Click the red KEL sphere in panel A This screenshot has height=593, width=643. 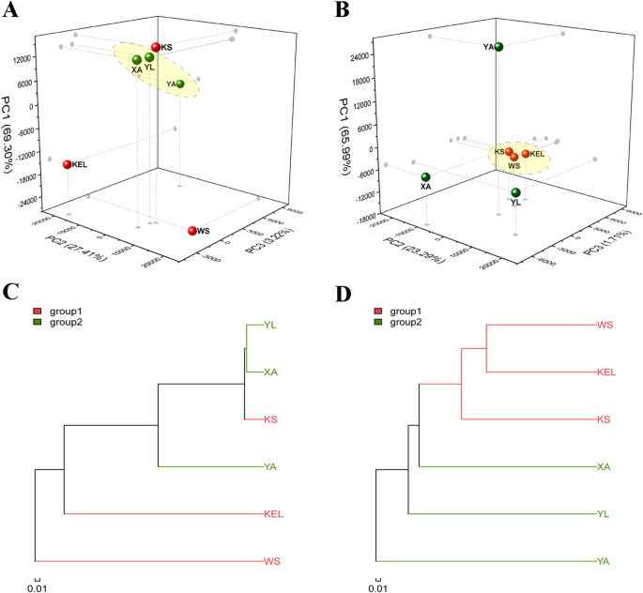tap(68, 164)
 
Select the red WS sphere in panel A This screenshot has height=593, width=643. tap(193, 230)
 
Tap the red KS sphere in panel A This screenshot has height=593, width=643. tap(156, 47)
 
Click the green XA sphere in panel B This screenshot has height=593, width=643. tap(426, 176)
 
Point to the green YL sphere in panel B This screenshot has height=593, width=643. tap(515, 193)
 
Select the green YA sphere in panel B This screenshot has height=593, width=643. tap(500, 47)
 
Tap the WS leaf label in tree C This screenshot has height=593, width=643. tap(272, 561)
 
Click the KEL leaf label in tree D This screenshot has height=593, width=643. tap(607, 372)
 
